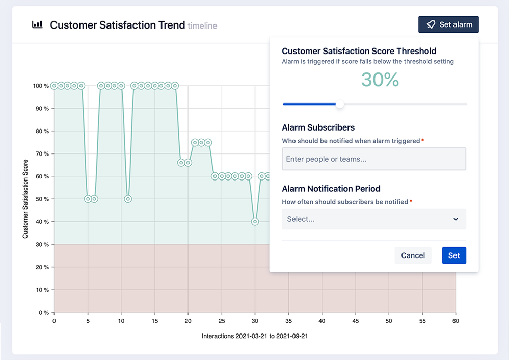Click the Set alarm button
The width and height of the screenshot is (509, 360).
coord(448,24)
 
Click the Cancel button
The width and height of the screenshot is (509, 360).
coord(413,255)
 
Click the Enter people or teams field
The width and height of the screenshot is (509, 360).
coord(374,159)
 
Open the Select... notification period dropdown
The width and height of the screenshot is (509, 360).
coord(374,219)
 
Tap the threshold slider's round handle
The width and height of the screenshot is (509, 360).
coord(340,105)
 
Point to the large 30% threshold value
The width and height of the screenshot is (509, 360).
coord(380,80)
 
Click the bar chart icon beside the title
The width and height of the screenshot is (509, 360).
coord(37,25)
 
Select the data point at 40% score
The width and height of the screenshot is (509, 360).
coord(255,222)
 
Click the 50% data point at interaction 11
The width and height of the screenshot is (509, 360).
coord(128,199)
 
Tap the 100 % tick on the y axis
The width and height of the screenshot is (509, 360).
coord(41,86)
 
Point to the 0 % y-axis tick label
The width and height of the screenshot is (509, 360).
coord(43,313)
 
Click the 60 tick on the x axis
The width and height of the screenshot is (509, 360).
coord(456,321)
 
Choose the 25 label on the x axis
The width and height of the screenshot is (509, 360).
coord(222,321)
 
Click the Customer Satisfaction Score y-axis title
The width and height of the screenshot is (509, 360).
coord(25,199)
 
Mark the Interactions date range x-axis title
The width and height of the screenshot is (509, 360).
coord(254,336)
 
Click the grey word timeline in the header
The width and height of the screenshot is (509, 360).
coord(202,26)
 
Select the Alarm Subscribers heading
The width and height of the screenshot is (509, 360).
coord(318,127)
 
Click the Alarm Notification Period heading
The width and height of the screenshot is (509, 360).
coord(331,189)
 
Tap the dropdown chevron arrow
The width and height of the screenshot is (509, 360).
coord(456,219)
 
